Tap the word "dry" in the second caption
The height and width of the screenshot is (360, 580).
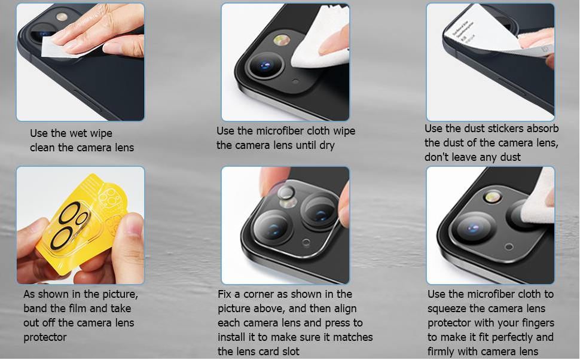tap(327, 145)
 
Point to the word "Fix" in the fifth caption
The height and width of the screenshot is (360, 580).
tap(224, 294)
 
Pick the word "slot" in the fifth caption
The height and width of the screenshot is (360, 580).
tap(291, 352)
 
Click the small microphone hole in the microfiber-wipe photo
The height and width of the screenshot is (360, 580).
tap(295, 81)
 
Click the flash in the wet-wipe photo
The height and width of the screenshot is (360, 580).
tap(62, 17)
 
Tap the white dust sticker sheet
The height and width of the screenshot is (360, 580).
tap(481, 32)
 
